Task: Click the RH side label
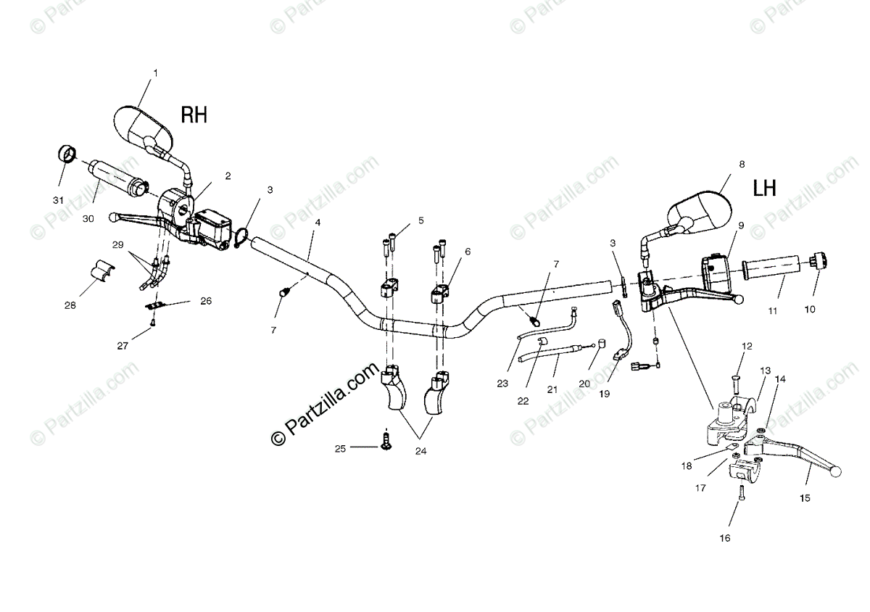[194, 115]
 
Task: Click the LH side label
[764, 189]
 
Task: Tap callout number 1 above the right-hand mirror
[154, 73]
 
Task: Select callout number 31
[58, 200]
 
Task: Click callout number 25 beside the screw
[340, 448]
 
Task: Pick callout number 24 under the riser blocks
[420, 450]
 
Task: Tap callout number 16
[725, 538]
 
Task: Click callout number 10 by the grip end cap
[809, 309]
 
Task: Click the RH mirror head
[143, 126]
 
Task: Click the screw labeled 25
[385, 439]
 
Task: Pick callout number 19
[604, 394]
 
